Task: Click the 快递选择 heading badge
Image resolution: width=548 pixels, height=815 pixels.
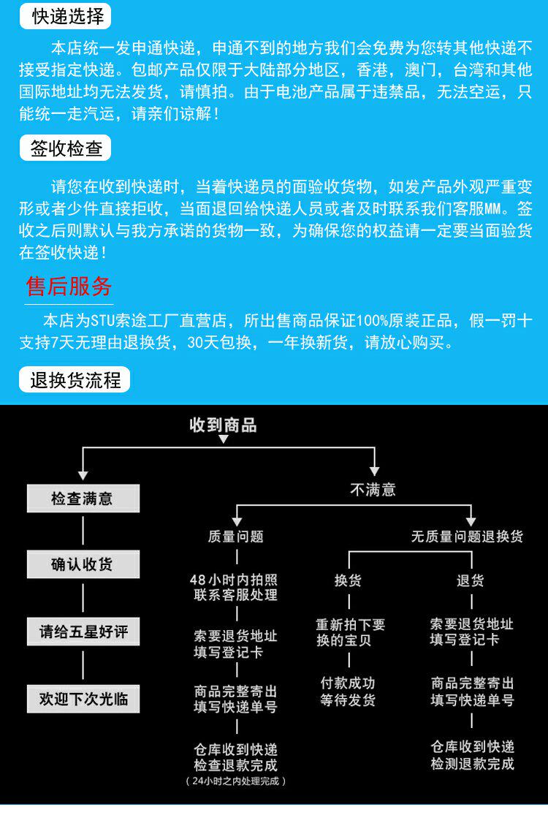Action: click(x=69, y=15)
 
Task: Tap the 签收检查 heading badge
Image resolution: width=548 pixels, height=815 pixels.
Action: click(x=66, y=148)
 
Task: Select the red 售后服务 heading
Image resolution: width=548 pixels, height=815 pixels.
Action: click(x=69, y=286)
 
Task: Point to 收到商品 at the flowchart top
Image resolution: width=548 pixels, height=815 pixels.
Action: click(x=223, y=425)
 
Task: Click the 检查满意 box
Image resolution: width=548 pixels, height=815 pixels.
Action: click(x=83, y=499)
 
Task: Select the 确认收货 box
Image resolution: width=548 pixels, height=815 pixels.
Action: click(x=83, y=565)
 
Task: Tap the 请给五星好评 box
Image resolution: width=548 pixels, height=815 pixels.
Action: click(x=83, y=632)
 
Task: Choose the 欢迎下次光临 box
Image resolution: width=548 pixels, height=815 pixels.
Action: click(x=83, y=699)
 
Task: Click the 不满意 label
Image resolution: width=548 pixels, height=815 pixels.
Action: click(x=373, y=490)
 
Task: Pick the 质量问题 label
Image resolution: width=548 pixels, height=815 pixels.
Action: click(x=235, y=537)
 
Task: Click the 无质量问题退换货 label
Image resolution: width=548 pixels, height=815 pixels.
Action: click(x=467, y=537)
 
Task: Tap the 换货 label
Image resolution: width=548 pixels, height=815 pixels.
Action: click(x=348, y=581)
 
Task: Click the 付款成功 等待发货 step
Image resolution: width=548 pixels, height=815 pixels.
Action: click(x=348, y=691)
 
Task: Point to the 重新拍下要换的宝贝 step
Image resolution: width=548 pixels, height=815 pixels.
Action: click(x=350, y=632)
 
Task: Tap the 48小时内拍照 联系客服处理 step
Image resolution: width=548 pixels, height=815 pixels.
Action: click(x=235, y=588)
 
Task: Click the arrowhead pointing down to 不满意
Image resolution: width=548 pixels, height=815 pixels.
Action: click(x=374, y=471)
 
